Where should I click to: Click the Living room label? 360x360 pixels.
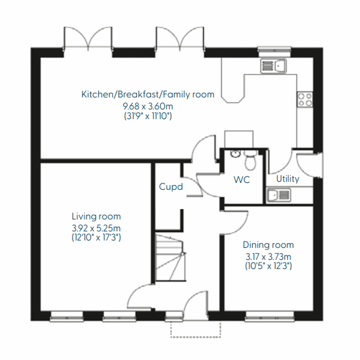point(96,216)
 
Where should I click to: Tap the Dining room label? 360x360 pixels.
point(268,245)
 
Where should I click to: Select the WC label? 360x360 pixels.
point(241,180)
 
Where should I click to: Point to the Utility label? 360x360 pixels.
point(288,179)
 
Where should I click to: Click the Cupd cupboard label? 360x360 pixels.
point(171,187)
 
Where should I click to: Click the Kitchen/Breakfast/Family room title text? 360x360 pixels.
point(148,94)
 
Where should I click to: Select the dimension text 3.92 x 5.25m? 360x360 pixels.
point(96,228)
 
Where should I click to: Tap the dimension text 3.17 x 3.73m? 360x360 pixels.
point(268,257)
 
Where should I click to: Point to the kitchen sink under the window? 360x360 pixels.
point(273,66)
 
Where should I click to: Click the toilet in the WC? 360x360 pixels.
point(250,160)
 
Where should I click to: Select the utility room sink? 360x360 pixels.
point(279,195)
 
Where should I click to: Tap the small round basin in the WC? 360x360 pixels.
point(235,154)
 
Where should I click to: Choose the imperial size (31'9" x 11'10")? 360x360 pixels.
point(148,116)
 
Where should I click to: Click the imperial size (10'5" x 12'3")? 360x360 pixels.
point(268,266)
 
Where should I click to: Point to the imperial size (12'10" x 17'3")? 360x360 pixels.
point(96,238)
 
